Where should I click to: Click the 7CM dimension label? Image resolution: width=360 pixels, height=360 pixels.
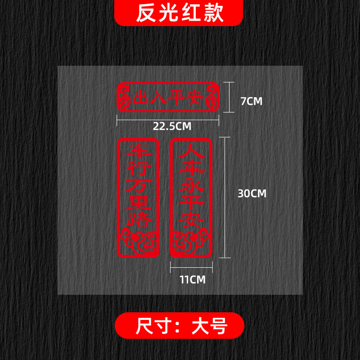coord(251,101)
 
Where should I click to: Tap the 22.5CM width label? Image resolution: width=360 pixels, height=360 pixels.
coord(172,126)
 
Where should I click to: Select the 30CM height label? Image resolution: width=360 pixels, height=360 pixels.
coord(252,193)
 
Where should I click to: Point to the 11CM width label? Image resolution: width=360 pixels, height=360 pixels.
coord(192,279)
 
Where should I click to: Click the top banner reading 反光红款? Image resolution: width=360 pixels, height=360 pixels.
coord(180,13)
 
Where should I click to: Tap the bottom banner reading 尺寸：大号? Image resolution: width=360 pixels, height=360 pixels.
coord(180,325)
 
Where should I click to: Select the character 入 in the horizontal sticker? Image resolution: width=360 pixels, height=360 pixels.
coord(159,98)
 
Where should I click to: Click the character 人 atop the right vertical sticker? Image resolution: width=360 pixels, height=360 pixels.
coord(190,152)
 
